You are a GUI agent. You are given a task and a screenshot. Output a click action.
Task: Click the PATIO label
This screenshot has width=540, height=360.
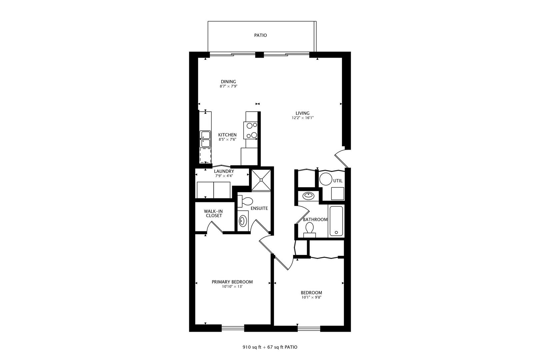tap(260, 35)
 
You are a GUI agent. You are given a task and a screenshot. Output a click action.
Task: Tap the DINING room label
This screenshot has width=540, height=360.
tap(228, 82)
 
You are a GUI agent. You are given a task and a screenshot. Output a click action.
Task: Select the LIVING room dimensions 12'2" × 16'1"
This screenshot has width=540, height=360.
tap(303, 118)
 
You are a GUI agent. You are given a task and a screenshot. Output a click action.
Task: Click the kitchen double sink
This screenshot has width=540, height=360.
tap(205, 139)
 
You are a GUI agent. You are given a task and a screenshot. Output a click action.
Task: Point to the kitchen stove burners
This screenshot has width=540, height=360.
tap(251, 130)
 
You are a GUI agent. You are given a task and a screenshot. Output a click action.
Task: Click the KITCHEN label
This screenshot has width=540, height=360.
tap(227, 135)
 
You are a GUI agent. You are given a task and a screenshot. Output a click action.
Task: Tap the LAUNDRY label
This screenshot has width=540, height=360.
tap(224, 171)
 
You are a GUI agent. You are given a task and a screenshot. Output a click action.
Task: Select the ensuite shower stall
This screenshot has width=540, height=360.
tap(261, 180)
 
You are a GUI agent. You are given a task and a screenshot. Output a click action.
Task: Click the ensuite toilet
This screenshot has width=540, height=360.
tap(245, 201)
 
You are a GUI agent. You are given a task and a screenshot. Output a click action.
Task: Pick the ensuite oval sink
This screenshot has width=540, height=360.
tap(243, 221)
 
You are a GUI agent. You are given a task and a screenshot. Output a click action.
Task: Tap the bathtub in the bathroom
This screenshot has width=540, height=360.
tap(336, 221)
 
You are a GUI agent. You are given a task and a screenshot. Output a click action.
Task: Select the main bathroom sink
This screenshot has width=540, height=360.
tap(308, 196)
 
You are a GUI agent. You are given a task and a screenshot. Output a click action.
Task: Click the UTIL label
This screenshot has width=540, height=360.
tap(338, 181)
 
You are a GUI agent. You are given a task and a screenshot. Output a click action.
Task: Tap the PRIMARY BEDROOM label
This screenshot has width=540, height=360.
tap(232, 282)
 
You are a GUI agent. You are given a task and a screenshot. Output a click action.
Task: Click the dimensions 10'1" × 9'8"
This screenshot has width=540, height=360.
tap(311, 297)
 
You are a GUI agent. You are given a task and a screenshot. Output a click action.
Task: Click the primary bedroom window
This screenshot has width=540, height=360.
tap(233, 328)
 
